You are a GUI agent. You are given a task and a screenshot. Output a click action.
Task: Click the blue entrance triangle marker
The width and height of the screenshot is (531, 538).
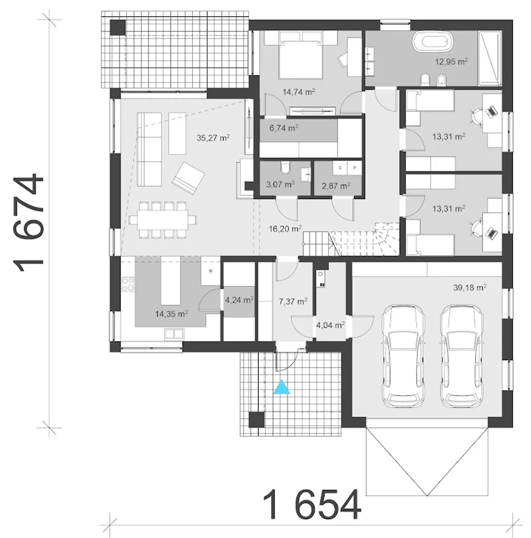[x=282, y=387]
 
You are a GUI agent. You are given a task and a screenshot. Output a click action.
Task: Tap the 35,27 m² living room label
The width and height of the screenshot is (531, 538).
[x=213, y=138]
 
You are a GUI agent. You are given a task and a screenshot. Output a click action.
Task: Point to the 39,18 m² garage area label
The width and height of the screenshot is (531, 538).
[x=470, y=287]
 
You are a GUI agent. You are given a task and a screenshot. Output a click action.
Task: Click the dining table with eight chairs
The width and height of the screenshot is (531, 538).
[x=162, y=220]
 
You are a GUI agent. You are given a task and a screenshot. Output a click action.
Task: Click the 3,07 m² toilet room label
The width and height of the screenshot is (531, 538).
[x=280, y=185]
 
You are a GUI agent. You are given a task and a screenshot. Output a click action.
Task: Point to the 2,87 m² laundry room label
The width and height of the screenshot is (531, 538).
[x=336, y=186]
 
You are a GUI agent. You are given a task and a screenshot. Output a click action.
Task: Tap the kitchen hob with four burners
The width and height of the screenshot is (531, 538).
[x=128, y=284]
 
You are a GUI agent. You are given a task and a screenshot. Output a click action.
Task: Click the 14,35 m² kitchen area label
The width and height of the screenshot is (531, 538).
[x=171, y=314]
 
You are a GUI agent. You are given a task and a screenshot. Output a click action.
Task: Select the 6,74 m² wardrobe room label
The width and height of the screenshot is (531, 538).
[x=283, y=128]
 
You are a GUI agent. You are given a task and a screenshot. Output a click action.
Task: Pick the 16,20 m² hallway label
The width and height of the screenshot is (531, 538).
[x=285, y=229]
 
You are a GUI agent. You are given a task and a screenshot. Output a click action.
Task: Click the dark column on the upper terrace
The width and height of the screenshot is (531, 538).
[x=117, y=27]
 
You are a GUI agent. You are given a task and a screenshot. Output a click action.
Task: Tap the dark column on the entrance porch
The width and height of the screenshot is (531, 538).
[x=257, y=419]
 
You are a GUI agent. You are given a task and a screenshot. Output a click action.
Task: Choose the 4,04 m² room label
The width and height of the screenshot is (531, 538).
[x=331, y=325]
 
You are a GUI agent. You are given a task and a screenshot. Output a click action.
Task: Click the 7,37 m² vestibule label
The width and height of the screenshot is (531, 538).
[x=293, y=301]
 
